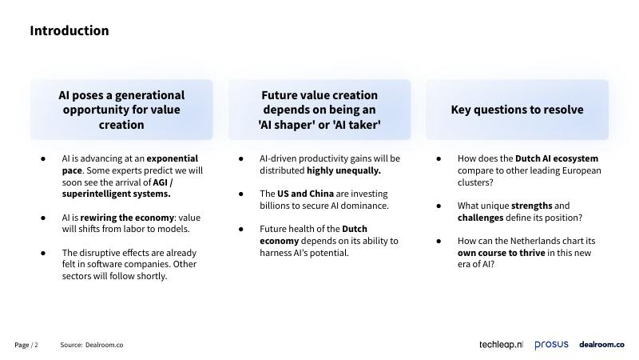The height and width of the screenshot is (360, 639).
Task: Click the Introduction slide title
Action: [x=69, y=30]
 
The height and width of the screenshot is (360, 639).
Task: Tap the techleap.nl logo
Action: [x=501, y=345]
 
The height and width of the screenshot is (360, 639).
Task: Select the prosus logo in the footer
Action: [x=551, y=345]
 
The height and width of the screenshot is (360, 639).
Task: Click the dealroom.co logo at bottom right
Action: [x=601, y=345]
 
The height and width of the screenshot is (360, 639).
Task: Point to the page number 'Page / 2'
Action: [x=26, y=345]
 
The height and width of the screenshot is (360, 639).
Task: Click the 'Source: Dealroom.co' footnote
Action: [x=92, y=345]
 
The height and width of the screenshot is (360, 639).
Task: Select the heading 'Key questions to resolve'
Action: [x=517, y=110]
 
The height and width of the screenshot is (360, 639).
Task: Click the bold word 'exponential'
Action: [x=173, y=158]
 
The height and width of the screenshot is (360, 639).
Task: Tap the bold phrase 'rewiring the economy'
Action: [x=127, y=218]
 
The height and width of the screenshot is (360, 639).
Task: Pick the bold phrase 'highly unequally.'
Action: [x=343, y=170]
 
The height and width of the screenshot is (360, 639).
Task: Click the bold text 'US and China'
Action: [x=305, y=194]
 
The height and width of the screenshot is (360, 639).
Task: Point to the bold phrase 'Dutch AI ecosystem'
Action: [x=557, y=158]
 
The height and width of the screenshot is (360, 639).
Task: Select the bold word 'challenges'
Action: [x=481, y=218]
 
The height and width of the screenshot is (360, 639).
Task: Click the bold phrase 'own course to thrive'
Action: [x=502, y=253]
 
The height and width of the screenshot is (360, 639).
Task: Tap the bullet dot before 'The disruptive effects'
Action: [x=43, y=253]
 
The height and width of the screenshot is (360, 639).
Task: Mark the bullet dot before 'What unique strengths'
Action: [x=439, y=206]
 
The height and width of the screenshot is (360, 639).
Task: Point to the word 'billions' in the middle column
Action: [x=274, y=206]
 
